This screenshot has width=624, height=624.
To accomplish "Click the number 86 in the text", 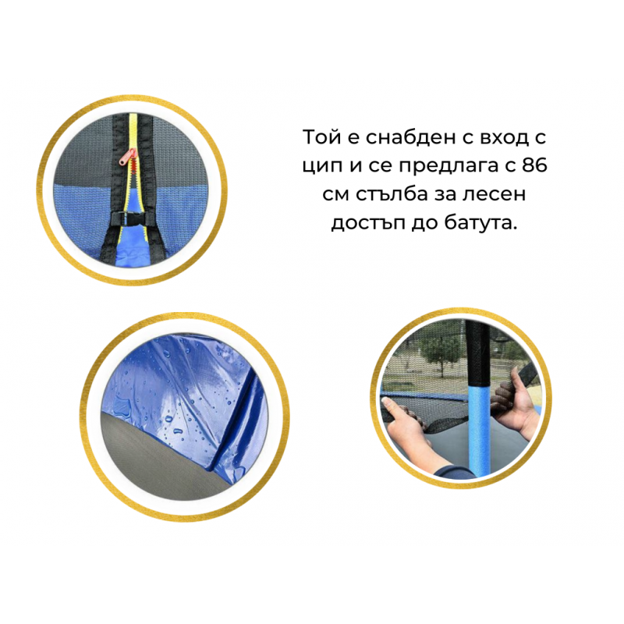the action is click(x=534, y=165).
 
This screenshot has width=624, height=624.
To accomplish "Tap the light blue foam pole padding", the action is click(x=478, y=428).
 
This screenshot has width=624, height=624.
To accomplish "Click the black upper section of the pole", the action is click(x=477, y=354).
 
